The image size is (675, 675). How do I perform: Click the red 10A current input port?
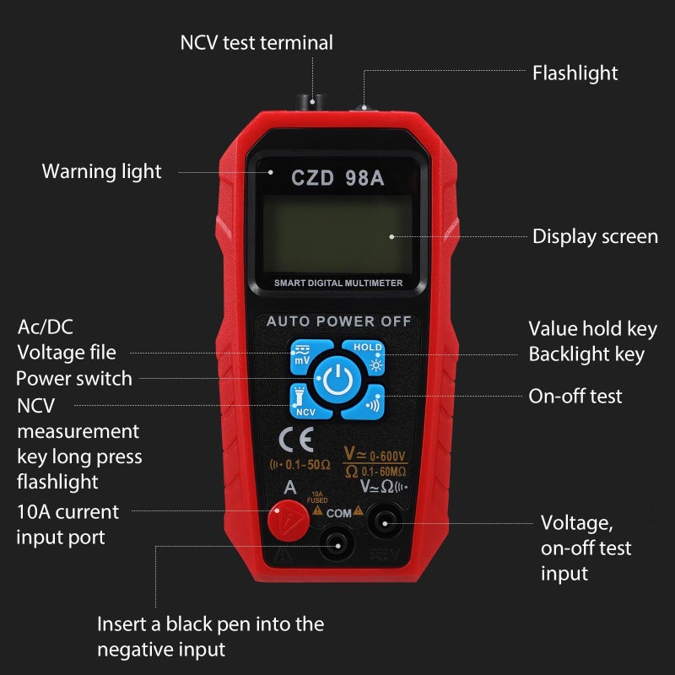pos(289,521)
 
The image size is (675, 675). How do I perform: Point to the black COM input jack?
pos(338,546)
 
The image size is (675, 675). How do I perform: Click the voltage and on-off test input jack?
pos(385,524)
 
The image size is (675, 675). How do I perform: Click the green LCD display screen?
pos(337,234)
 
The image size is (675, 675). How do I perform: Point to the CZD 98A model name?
pos(337,177)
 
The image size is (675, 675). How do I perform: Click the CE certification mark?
pos(296,440)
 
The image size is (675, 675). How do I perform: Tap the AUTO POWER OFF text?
pos(339,321)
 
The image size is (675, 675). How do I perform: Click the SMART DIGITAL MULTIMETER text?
pos(338,283)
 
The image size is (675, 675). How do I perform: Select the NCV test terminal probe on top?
pos(310,102)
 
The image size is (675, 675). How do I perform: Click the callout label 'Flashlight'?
pos(575,73)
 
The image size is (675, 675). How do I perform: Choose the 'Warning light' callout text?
pos(101,172)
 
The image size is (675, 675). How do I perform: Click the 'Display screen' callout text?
pos(596,236)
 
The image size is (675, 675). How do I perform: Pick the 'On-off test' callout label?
pos(575,396)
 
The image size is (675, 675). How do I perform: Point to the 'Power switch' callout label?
pos(74,379)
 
